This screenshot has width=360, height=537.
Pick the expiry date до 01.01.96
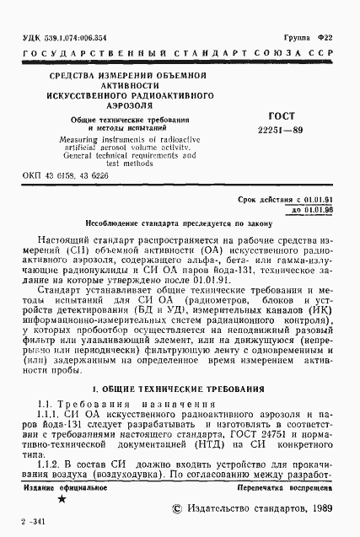322,207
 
